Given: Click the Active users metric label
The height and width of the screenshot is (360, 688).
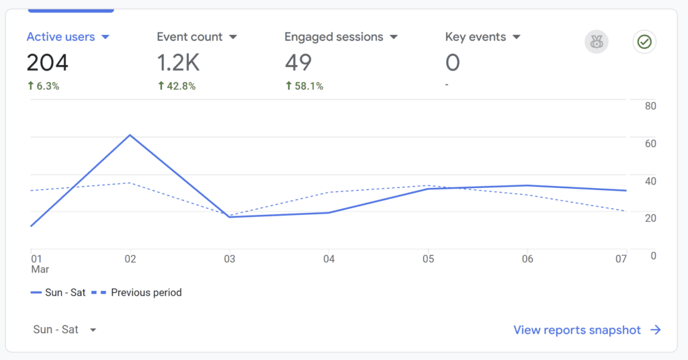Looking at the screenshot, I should [x=60, y=37].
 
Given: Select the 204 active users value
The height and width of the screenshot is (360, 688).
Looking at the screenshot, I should [x=48, y=63].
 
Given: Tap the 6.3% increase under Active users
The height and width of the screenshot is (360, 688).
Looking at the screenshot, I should [x=43, y=86].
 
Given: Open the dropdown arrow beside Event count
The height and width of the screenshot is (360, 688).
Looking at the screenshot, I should [x=233, y=37].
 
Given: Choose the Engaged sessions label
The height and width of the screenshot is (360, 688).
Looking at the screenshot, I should [x=333, y=37].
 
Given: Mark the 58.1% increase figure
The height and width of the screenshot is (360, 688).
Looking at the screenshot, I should [x=304, y=86].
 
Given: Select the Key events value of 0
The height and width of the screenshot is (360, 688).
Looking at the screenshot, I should [x=453, y=63].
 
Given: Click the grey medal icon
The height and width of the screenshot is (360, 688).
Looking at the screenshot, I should [x=595, y=42].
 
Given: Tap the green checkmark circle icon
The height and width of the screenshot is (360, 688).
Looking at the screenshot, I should [x=644, y=42].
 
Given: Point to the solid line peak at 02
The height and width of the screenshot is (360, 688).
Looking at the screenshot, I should [x=130, y=135].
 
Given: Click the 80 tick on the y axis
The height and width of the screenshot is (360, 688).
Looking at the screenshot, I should [x=650, y=106].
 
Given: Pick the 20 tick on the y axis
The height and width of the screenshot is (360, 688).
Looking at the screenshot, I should [x=650, y=218].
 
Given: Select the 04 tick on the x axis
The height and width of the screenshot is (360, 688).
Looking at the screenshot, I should [x=329, y=259].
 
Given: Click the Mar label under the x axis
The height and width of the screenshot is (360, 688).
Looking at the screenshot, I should [x=40, y=269].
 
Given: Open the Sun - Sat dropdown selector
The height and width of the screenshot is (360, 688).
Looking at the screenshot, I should [x=64, y=330].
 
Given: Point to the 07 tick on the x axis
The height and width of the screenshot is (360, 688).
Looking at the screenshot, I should [x=621, y=259].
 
